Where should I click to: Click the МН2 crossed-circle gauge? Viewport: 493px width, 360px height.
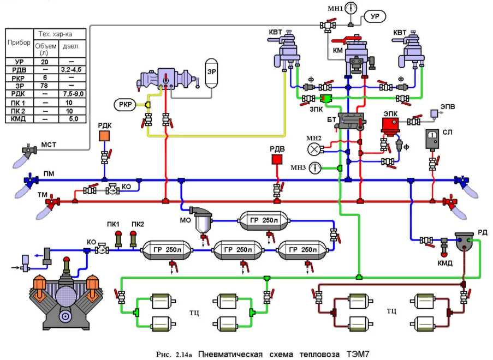[x=313, y=148]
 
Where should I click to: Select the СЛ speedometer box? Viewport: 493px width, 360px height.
[x=434, y=139]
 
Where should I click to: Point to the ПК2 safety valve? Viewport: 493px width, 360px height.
[x=132, y=238]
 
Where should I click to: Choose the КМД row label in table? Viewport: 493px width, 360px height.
[x=15, y=118]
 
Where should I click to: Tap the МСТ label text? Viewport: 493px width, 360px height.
[x=49, y=145]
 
